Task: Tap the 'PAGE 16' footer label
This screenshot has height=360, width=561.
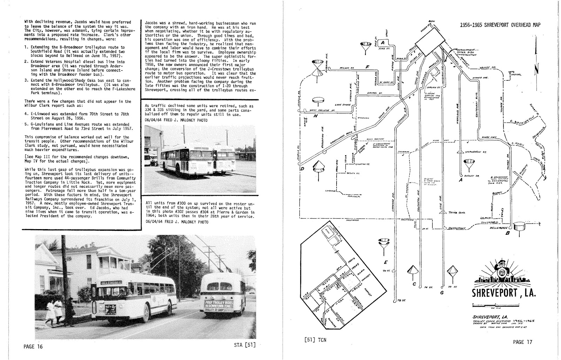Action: pos(33,347)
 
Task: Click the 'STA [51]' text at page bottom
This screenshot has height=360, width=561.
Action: pos(244,344)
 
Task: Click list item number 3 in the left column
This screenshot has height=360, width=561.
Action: pos(27,80)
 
